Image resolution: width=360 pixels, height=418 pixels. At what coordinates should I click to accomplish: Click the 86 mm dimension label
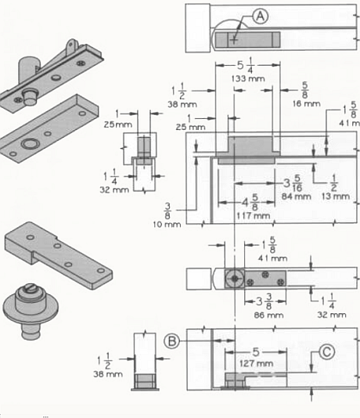point(267,312)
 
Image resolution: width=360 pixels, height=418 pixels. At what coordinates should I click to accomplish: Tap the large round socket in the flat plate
point(31,145)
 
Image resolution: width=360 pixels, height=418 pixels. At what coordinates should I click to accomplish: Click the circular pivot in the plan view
point(234,279)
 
